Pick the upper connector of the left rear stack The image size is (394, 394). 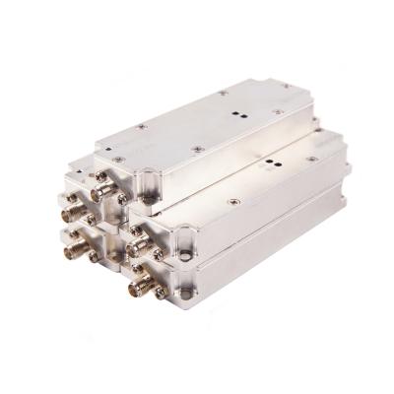(x=73, y=210)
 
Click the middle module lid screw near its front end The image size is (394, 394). (x=233, y=202)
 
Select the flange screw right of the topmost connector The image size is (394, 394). (x=121, y=198)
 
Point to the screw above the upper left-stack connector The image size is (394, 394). (x=71, y=193)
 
